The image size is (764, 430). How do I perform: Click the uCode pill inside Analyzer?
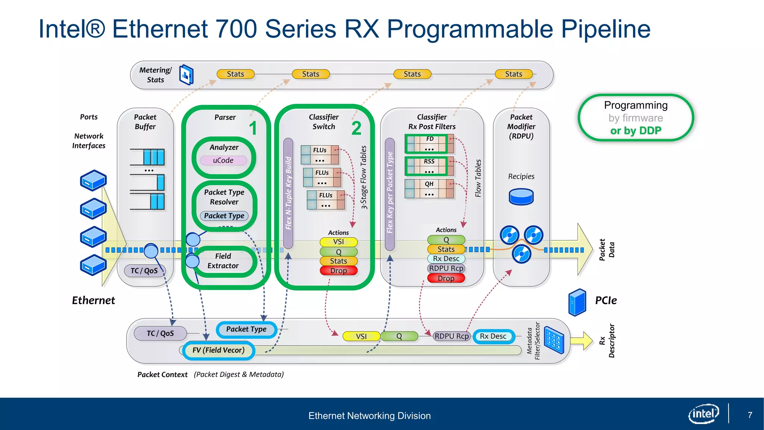click(223, 161)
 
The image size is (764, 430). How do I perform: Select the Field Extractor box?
click(223, 261)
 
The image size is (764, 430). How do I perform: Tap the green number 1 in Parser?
click(253, 128)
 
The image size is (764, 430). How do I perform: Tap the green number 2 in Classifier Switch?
click(356, 128)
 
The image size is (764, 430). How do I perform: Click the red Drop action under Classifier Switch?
click(338, 271)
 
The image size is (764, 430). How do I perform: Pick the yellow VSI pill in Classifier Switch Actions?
click(338, 242)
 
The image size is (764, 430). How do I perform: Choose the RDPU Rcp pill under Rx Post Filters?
click(446, 268)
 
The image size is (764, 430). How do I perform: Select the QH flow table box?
click(429, 189)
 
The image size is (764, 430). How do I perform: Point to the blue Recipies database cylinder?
click(521, 197)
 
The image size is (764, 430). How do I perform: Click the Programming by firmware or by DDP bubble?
click(636, 118)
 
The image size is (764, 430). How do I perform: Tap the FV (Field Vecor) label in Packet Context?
click(219, 350)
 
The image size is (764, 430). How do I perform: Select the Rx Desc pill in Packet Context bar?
click(493, 336)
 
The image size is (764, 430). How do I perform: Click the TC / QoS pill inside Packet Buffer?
click(144, 271)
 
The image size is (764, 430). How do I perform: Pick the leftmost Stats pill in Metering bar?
click(235, 74)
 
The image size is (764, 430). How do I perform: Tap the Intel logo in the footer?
click(703, 414)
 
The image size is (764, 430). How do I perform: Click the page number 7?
click(750, 415)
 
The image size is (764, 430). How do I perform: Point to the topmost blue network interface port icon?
click(93, 180)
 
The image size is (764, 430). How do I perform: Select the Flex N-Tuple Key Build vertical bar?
click(288, 193)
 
